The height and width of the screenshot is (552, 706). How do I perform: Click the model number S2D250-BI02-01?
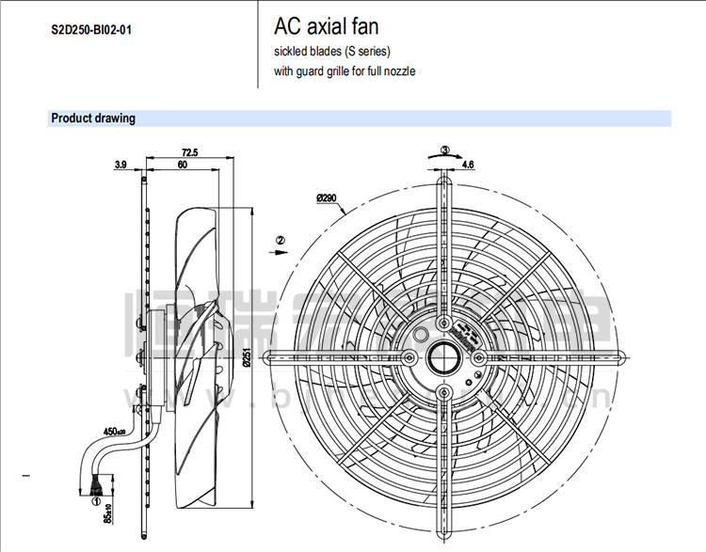(x=91, y=30)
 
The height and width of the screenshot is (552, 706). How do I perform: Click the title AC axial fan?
(x=326, y=26)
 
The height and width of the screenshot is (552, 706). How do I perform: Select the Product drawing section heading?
(x=93, y=118)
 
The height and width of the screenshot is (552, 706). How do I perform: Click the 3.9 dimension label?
(x=120, y=165)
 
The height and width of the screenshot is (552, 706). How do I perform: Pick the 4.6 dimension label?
(x=469, y=165)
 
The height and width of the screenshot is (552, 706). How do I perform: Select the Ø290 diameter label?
(x=328, y=198)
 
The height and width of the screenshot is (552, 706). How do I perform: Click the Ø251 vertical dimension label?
(x=245, y=357)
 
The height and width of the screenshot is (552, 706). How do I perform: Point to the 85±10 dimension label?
(x=108, y=514)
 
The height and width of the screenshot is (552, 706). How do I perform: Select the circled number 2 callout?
(x=280, y=241)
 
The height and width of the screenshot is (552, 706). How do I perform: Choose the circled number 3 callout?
(x=445, y=149)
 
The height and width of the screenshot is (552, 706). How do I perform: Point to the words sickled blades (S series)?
(x=331, y=51)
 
